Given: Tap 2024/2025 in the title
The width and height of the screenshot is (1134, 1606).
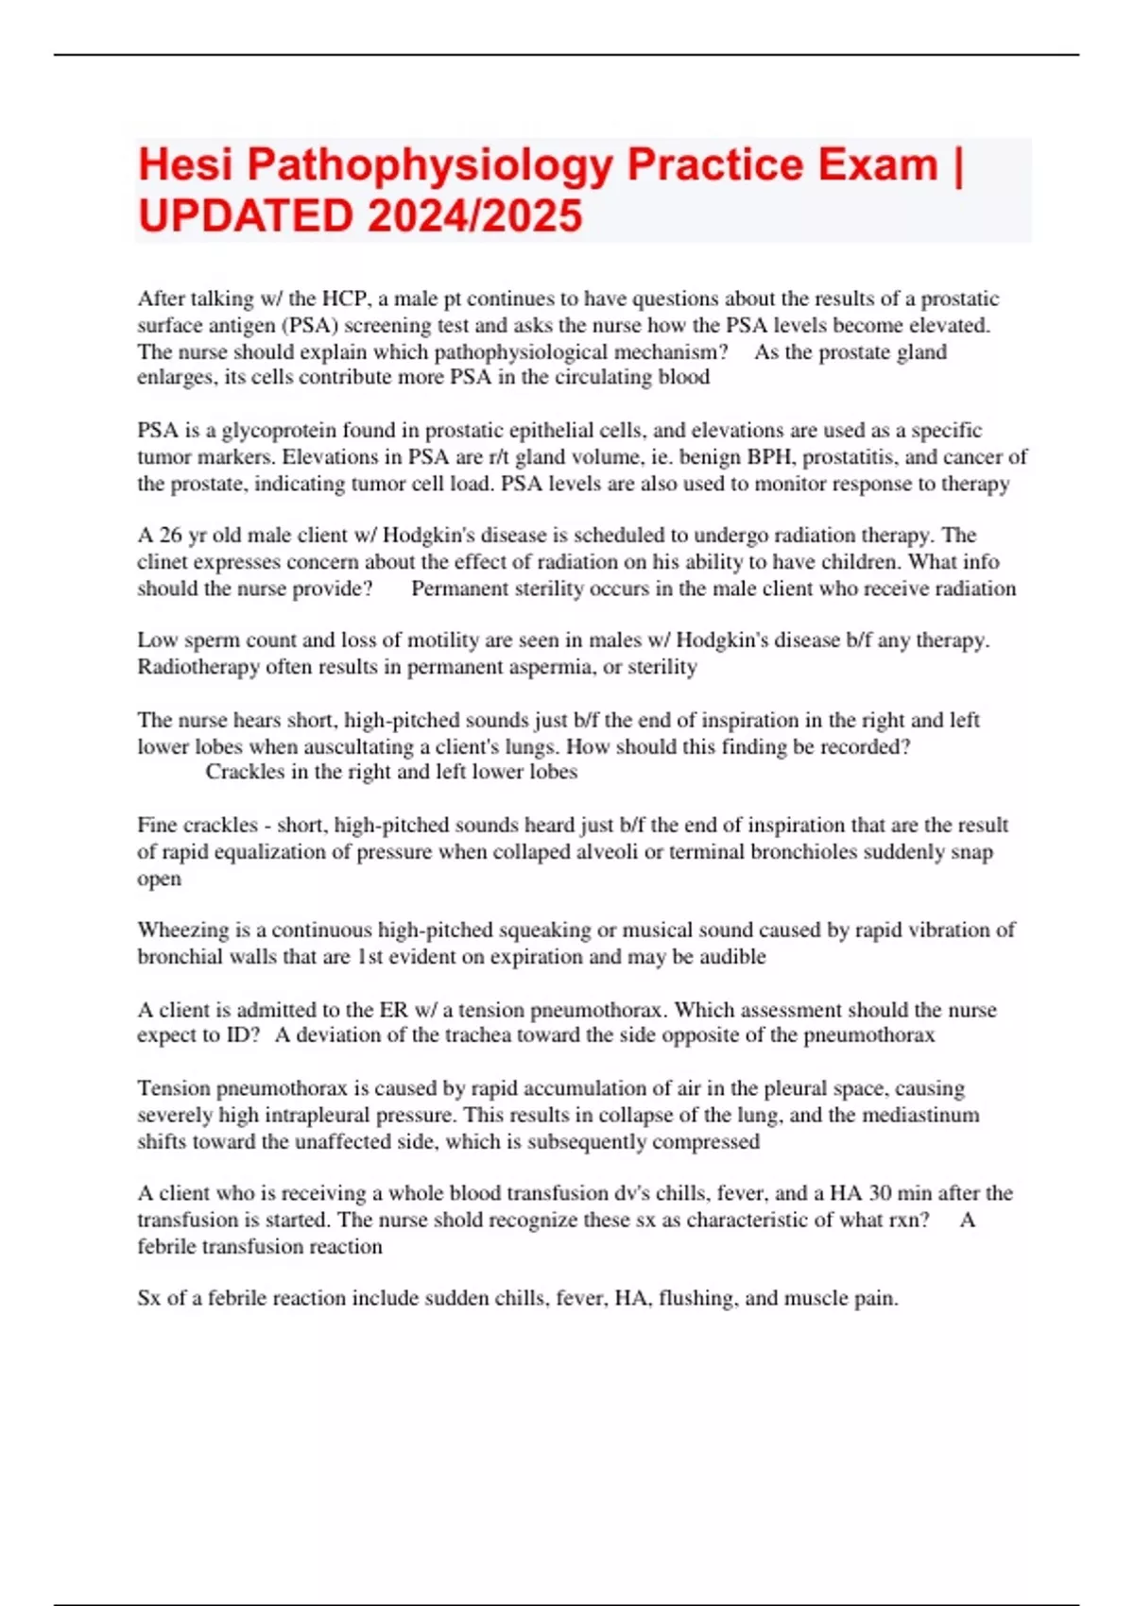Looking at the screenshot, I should coord(475,216).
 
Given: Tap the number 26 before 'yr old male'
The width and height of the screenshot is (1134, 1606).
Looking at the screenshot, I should coord(170,536).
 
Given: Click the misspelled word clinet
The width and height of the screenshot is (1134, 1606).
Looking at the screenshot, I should coord(162,562).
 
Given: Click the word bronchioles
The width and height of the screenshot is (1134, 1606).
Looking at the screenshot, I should coord(800,852).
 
